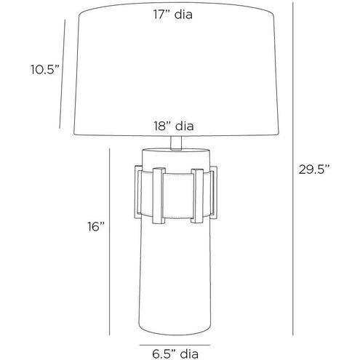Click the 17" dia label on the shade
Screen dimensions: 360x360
pyautogui.click(x=173, y=15)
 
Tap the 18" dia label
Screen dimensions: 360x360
pyautogui.click(x=174, y=126)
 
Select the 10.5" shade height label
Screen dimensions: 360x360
pyautogui.click(x=45, y=70)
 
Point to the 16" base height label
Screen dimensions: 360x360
pyautogui.click(x=96, y=227)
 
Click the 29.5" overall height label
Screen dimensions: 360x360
pyautogui.click(x=314, y=169)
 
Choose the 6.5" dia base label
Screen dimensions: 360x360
pyautogui.click(x=175, y=354)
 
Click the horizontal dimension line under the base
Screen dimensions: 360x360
pyautogui.click(x=175, y=345)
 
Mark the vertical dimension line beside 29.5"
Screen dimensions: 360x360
pyautogui.click(x=293, y=169)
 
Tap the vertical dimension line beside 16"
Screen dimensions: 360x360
pyautogui.click(x=110, y=241)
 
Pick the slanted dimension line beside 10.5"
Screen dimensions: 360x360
pyautogui.click(x=63, y=74)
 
